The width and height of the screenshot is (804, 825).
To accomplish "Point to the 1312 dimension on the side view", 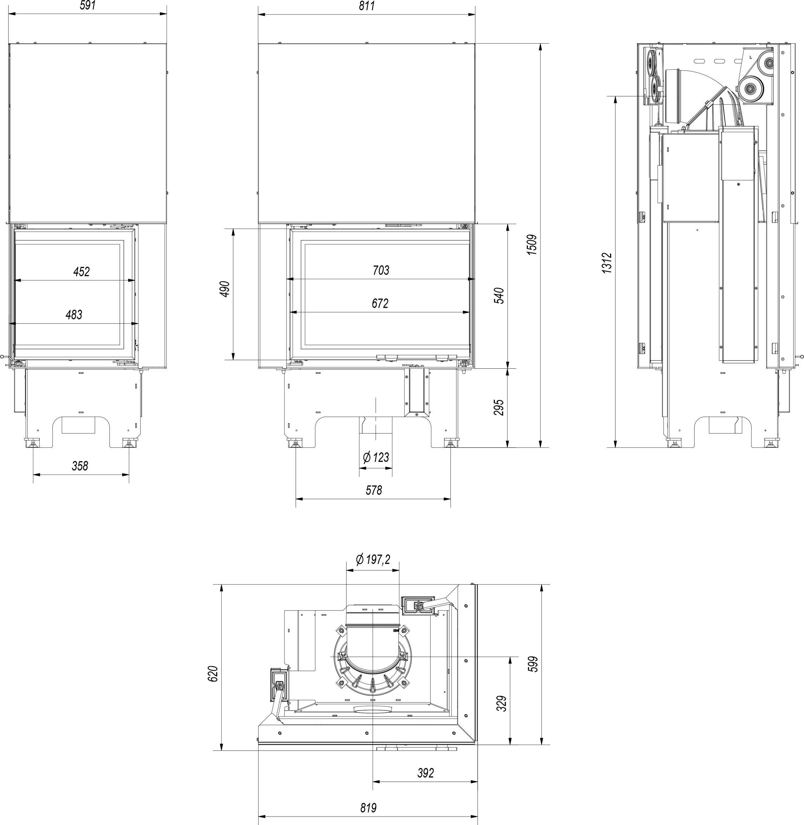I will (x=607, y=263).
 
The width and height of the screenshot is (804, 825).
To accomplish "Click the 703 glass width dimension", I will (x=381, y=270).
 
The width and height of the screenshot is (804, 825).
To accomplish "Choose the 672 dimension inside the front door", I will (x=380, y=303).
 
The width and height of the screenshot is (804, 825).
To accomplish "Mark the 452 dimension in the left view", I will (x=81, y=271).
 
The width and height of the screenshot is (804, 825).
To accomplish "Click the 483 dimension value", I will (x=74, y=315).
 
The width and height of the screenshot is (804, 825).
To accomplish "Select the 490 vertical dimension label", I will (x=225, y=289).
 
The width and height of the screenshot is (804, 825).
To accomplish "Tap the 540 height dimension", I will (x=499, y=296).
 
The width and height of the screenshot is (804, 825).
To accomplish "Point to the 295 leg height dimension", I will (x=499, y=407).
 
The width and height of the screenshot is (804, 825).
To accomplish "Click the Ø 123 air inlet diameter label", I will (x=375, y=457).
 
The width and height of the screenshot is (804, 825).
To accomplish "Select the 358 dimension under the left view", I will (x=80, y=466).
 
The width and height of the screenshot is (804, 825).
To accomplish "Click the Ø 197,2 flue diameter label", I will (x=373, y=559).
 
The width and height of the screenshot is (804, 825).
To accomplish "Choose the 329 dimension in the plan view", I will (x=501, y=703).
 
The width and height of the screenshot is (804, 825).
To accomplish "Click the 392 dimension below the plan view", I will (x=425, y=773).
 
